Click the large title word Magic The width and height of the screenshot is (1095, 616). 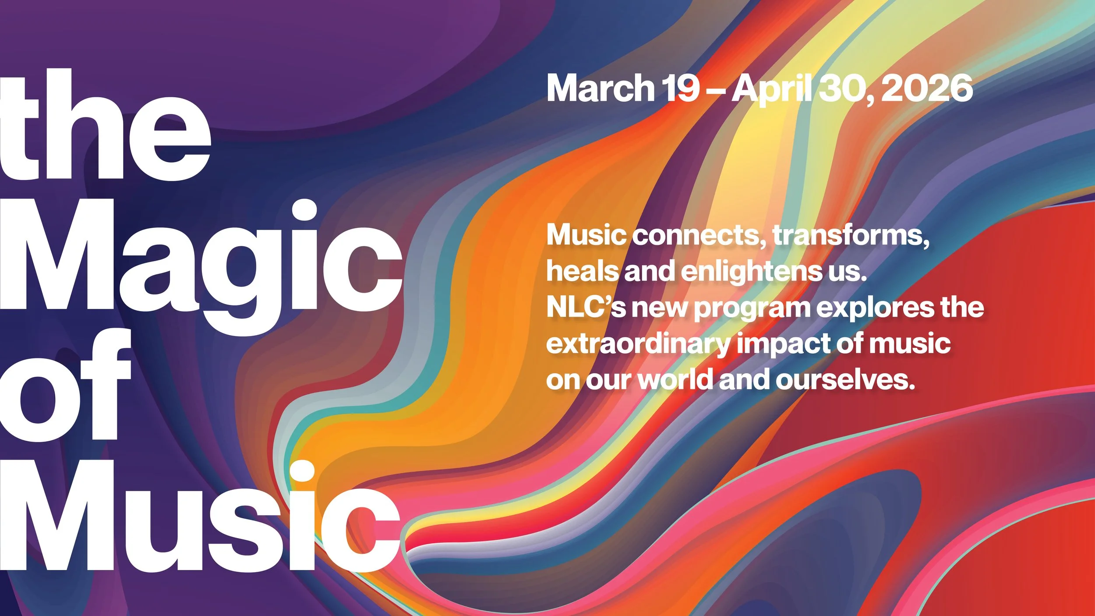[201, 263]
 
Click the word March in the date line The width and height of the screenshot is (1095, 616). [600, 89]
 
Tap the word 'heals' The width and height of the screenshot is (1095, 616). [583, 272]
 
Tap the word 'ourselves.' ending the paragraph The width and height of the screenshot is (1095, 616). [845, 380]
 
